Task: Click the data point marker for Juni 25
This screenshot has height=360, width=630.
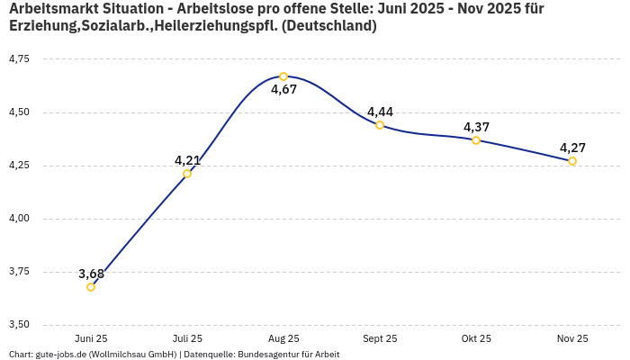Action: click(x=91, y=287)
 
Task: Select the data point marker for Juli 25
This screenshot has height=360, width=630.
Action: click(x=187, y=174)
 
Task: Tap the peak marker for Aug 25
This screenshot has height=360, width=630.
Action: click(x=283, y=76)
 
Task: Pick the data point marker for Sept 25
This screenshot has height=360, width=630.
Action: click(x=380, y=125)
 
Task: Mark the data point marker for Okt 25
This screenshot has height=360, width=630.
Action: click(x=476, y=140)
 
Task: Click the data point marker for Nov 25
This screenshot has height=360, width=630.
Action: click(x=572, y=161)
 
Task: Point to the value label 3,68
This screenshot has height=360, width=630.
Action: click(x=91, y=274)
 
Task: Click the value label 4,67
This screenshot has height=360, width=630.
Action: click(x=283, y=90)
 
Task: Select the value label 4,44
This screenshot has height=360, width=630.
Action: click(x=380, y=112)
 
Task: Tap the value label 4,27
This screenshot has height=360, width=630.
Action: click(x=572, y=148)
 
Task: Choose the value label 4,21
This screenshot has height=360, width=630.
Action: click(x=187, y=160)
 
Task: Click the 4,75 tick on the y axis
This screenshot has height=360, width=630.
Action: click(x=19, y=59)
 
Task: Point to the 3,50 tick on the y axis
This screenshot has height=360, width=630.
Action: click(x=19, y=325)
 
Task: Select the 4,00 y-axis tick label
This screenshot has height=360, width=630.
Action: click(x=19, y=219)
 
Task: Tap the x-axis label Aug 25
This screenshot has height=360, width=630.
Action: click(x=283, y=338)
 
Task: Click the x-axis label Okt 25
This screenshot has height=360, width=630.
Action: click(x=476, y=338)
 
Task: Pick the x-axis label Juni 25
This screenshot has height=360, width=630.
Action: click(x=91, y=338)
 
